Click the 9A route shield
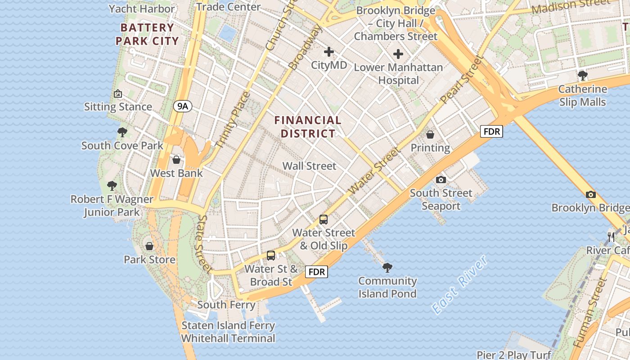(182, 106)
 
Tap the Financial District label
(308, 127)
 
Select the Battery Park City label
(147, 34)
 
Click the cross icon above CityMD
(329, 52)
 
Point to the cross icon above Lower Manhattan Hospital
(398, 54)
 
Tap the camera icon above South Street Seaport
(441, 180)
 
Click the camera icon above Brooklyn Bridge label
(591, 194)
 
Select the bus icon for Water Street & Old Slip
(324, 220)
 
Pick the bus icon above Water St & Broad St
(271, 255)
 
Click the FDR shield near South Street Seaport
(491, 131)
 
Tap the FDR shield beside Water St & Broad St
(317, 272)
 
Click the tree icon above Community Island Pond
(387, 268)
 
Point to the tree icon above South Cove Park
(122, 132)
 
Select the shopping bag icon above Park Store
(149, 246)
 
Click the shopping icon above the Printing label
(430, 135)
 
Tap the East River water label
(459, 284)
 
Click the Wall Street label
(309, 166)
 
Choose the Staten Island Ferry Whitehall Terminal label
(228, 332)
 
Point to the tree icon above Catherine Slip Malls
(583, 75)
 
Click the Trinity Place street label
(233, 120)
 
